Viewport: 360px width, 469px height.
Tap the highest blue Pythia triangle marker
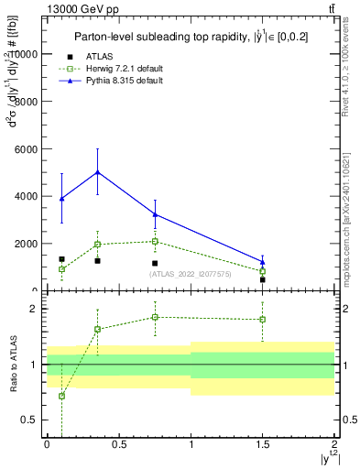(97, 172)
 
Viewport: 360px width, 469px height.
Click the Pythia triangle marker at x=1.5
(263, 262)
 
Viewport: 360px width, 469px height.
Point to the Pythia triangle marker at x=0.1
(61, 199)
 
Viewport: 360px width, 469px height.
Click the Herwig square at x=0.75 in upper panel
(155, 242)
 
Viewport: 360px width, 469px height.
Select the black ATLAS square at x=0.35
(97, 261)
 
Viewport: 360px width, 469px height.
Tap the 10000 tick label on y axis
(24, 53)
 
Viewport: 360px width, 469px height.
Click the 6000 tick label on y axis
(27, 148)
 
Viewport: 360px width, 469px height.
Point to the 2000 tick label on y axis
(27, 244)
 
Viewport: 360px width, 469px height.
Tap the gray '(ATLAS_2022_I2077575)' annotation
(191, 274)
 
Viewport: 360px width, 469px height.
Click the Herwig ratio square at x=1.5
(263, 320)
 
